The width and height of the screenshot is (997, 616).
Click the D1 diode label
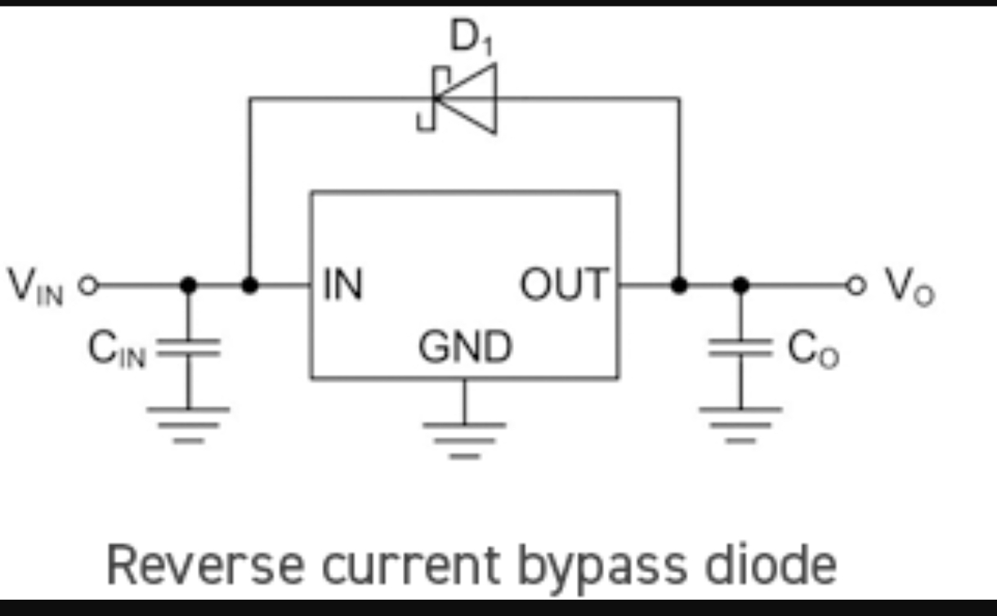coord(472,38)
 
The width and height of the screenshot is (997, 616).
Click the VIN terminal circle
coord(88,285)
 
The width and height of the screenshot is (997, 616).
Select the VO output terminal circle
coord(856,285)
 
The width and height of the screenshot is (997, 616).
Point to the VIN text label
coord(36,287)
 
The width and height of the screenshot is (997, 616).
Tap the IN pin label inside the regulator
coord(342,284)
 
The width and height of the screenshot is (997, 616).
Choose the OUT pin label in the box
coord(565,284)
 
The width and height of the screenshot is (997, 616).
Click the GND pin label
coord(466,346)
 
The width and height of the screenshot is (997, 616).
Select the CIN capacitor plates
coord(188,348)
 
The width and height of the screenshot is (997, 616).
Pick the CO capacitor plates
coord(740,348)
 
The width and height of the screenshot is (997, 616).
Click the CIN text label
coord(117,349)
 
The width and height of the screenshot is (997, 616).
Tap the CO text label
coord(813,349)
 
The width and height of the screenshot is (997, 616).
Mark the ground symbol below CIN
coord(188,426)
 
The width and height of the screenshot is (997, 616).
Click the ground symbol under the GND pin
coord(465,440)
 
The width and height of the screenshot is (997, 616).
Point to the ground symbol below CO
coord(740,426)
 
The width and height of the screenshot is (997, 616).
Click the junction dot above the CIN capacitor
coord(188,285)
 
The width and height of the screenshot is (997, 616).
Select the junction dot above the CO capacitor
coord(740,285)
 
